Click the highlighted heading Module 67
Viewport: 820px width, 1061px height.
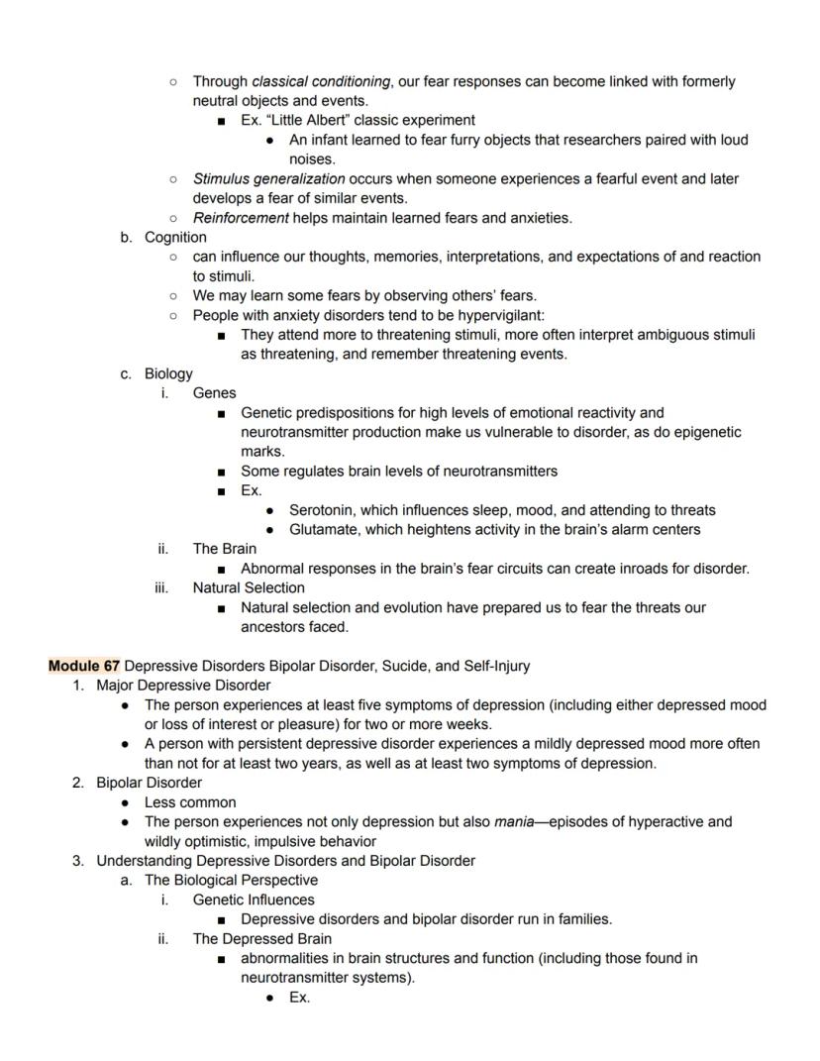tap(84, 666)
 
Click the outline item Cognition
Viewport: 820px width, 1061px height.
tap(175, 237)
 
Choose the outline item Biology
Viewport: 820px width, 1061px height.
tap(168, 373)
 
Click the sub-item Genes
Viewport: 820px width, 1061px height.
tap(214, 392)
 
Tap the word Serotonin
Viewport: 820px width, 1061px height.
tap(323, 510)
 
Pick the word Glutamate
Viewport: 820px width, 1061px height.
tap(323, 529)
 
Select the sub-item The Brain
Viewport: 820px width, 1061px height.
tap(224, 548)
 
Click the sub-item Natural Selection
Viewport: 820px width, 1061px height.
tap(249, 587)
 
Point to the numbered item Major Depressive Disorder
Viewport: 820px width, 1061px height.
tap(183, 685)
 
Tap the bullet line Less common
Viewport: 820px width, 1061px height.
tap(190, 802)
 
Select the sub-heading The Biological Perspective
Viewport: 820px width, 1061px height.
tap(231, 880)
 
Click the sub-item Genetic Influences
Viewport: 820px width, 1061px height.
tap(254, 900)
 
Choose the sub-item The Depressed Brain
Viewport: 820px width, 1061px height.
tap(261, 938)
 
